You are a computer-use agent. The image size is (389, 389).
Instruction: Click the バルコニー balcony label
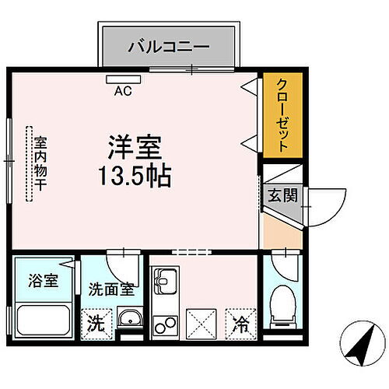pos(168,46)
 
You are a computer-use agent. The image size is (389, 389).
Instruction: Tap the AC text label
pos(123,91)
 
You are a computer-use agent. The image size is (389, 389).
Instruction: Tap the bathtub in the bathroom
pos(45,320)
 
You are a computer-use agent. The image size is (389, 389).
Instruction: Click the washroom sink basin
pos(129,319)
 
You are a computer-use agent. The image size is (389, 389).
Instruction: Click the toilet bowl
pos(282,306)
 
